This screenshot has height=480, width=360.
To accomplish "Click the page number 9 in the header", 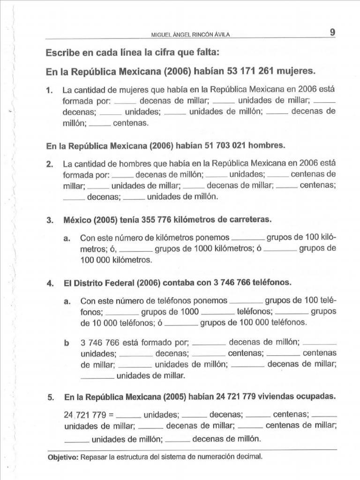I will pos(332,32).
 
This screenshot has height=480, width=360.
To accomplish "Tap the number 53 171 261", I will pos(250,72).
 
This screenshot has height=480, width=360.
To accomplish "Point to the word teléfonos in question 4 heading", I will pos(274,283).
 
